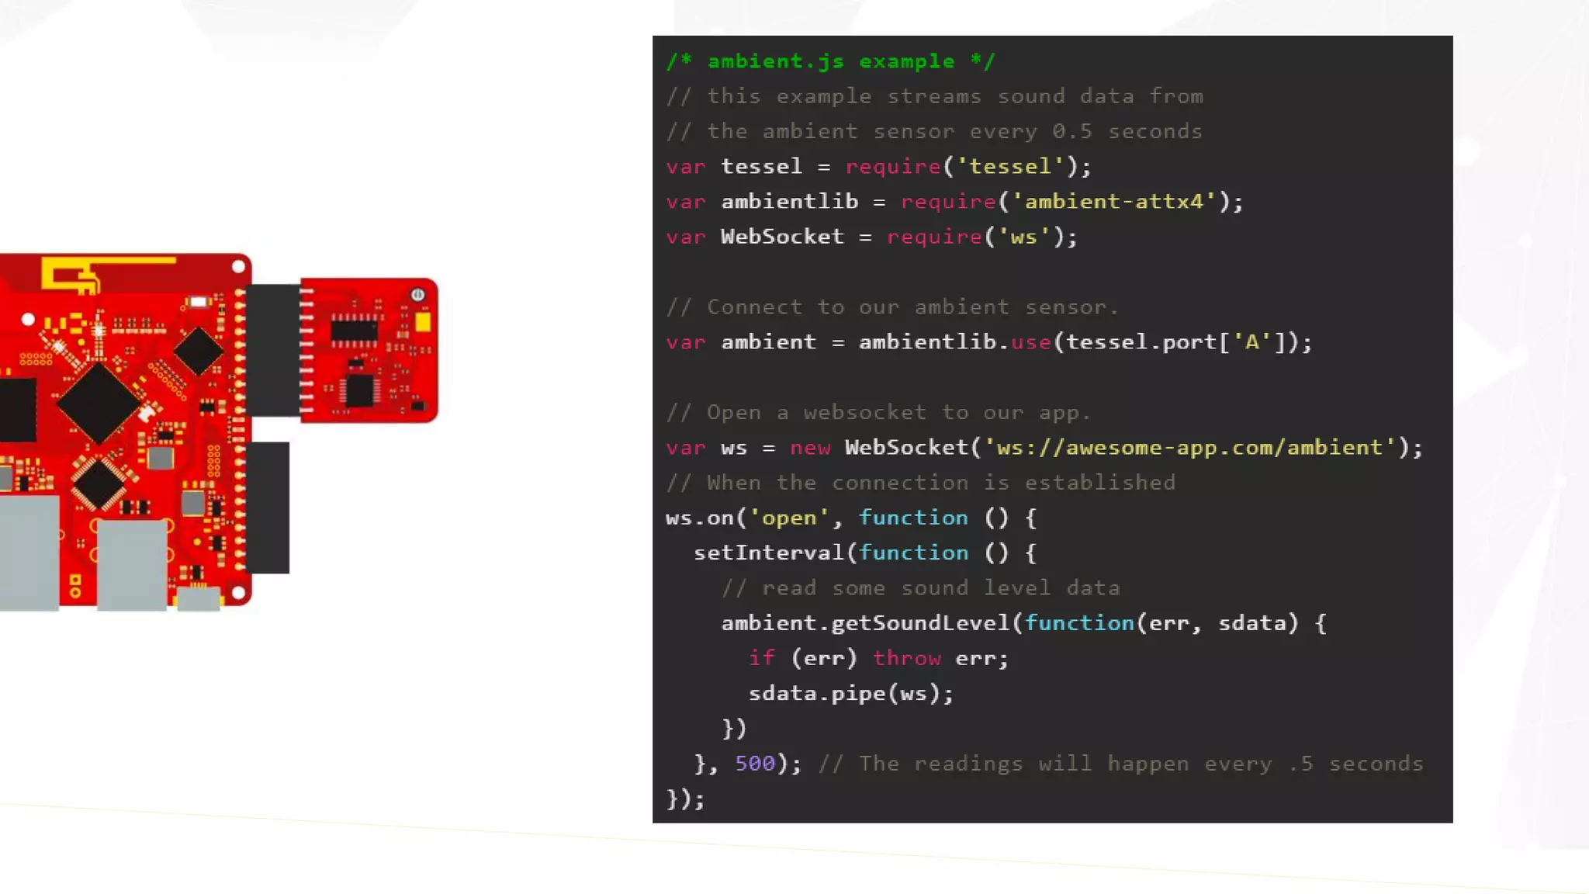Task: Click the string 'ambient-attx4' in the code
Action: pyautogui.click(x=1113, y=202)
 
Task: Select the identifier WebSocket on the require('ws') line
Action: pyautogui.click(x=781, y=237)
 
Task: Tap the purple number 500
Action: pyautogui.click(x=754, y=764)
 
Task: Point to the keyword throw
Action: pyautogui.click(x=906, y=658)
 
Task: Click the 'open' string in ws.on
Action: pyautogui.click(x=788, y=518)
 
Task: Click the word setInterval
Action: pyautogui.click(x=768, y=553)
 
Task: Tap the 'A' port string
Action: pyautogui.click(x=1251, y=342)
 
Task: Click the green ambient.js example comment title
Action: pyautogui.click(x=830, y=61)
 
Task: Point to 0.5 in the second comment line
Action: pyautogui.click(x=1071, y=131)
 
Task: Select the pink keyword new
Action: pyautogui.click(x=809, y=448)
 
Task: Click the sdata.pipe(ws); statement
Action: pyautogui.click(x=850, y=693)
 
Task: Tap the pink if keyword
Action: pyautogui.click(x=761, y=658)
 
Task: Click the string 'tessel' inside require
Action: pyautogui.click(x=1009, y=167)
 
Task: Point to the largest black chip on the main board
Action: pyautogui.click(x=99, y=403)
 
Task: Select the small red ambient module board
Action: pyautogui.click(x=369, y=350)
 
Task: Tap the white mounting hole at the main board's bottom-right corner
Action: pyautogui.click(x=238, y=593)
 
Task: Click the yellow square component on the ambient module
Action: pyautogui.click(x=423, y=322)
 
